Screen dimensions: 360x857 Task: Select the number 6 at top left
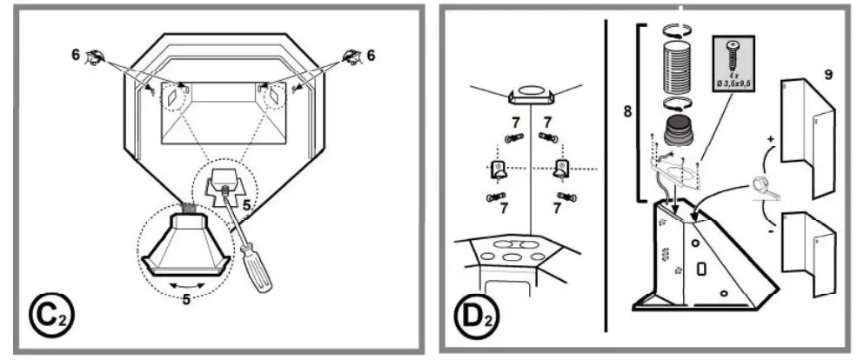[76, 54]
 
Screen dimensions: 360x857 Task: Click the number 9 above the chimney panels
[827, 75]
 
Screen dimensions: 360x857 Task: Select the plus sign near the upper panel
[769, 139]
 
